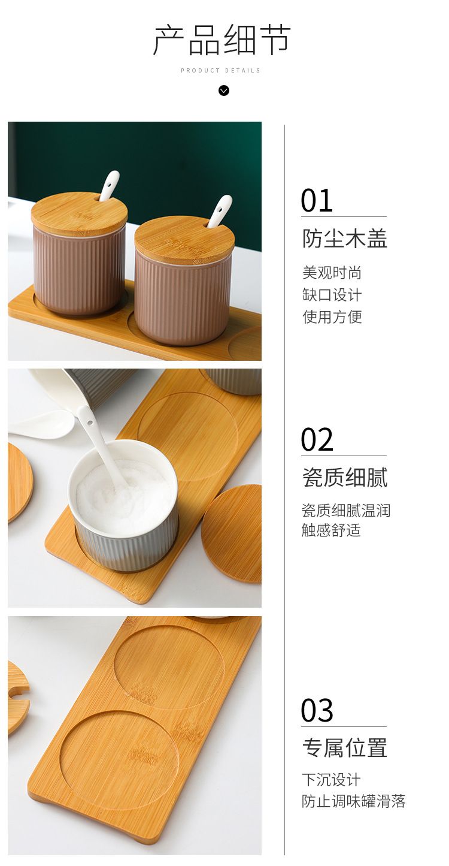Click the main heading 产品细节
pos(222,40)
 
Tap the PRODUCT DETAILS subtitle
pos(221,70)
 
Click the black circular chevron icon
pos(223,90)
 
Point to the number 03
pos(317,711)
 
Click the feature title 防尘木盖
pos(344,238)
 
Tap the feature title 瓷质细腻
pos(344,478)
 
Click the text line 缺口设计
pos(332,295)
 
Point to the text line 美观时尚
pos(332,273)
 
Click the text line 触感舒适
pos(331,530)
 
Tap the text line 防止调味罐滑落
pos(354,801)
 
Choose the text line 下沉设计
pos(331,780)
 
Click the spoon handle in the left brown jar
pos(109,186)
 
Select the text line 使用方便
pos(332,316)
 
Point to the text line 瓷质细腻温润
pos(346,511)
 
